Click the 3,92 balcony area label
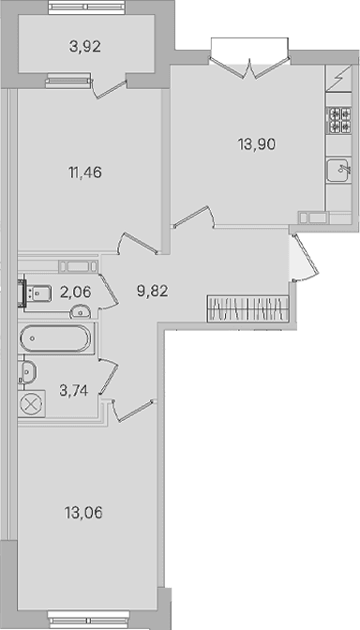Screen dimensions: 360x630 pos(84,47)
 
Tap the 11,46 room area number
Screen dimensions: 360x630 pos(84,172)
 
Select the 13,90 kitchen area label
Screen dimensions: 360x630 pos(256,143)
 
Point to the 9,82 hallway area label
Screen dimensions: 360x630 pos(152,291)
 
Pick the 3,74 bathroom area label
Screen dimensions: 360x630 pos(74,390)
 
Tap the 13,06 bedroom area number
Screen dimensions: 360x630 pos(83,513)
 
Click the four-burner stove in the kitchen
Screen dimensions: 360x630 pos(338,121)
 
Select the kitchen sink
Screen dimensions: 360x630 pos(337,171)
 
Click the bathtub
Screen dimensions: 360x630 pos(54,337)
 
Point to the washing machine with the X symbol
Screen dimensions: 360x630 pos(31,403)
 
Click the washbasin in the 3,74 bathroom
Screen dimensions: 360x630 pos(28,371)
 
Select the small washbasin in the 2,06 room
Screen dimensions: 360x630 pos(81,311)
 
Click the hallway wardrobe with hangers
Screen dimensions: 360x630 pos(247,308)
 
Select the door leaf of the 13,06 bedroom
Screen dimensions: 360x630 pos(134,411)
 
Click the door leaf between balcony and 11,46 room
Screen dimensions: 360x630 pos(111,88)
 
